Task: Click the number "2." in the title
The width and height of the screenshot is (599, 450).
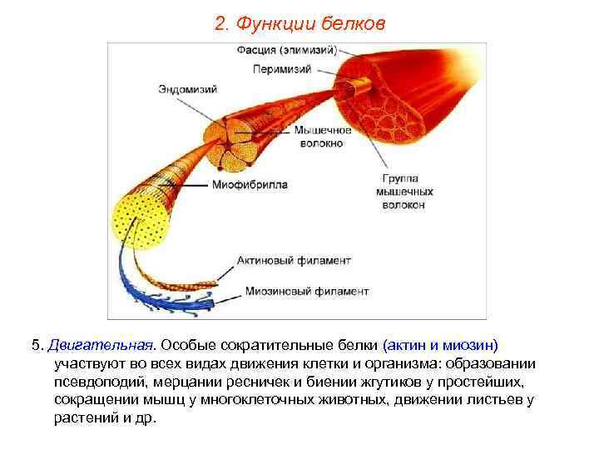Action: click(x=221, y=24)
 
